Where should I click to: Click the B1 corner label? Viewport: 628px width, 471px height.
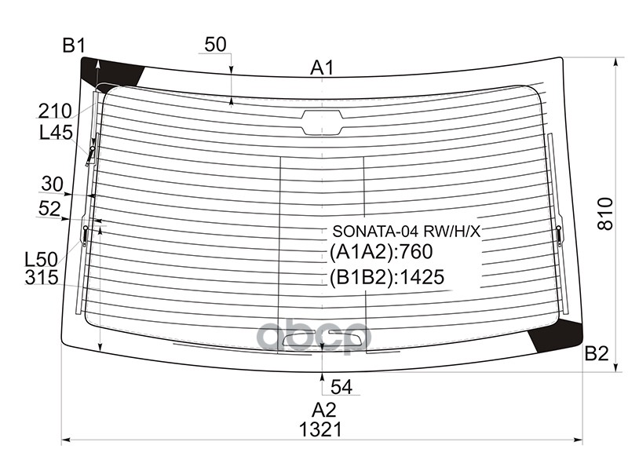(x=74, y=46)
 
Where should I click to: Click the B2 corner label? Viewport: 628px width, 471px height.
(x=597, y=354)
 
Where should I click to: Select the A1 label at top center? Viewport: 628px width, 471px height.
(x=322, y=68)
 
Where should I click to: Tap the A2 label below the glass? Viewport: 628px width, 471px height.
(x=323, y=409)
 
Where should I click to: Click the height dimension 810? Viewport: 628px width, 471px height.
(x=604, y=213)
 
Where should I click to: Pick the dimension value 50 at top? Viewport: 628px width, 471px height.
(x=216, y=45)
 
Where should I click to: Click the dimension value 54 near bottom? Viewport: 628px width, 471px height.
(x=341, y=385)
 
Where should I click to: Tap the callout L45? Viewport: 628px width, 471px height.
(x=56, y=133)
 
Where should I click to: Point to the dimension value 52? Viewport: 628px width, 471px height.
(x=52, y=208)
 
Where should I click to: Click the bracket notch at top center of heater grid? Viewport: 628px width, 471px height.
(x=322, y=121)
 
